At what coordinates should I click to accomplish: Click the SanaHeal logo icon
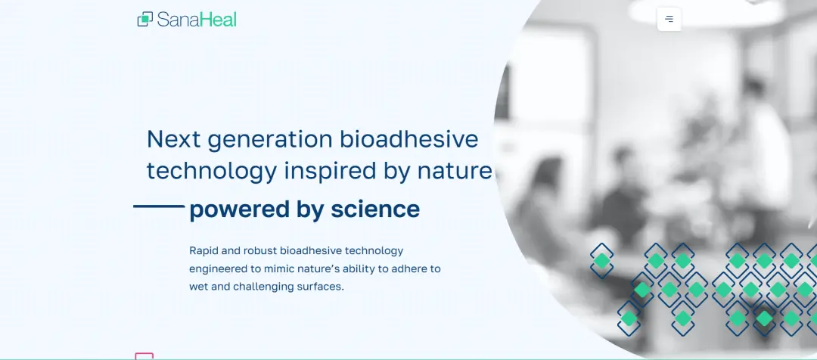[x=144, y=19]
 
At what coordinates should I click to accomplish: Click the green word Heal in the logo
[x=219, y=20]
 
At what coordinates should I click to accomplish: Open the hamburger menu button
[x=669, y=19]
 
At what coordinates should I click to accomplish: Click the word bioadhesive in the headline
[x=409, y=139]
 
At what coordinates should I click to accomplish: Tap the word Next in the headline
[x=174, y=140]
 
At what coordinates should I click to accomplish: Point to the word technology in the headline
[x=212, y=172]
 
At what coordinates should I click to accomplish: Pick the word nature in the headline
[x=455, y=172]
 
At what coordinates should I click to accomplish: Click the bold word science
[x=375, y=209]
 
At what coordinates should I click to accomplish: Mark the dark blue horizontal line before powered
[x=159, y=206]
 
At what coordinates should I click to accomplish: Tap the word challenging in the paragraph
[x=263, y=287]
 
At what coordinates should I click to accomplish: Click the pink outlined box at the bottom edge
[x=144, y=356]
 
